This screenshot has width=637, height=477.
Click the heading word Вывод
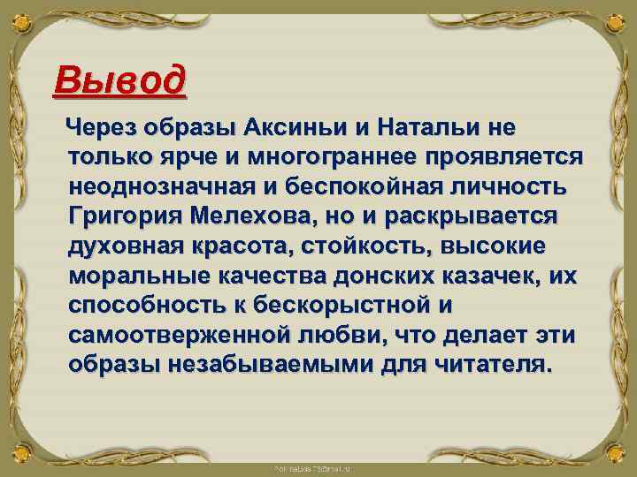119,81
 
